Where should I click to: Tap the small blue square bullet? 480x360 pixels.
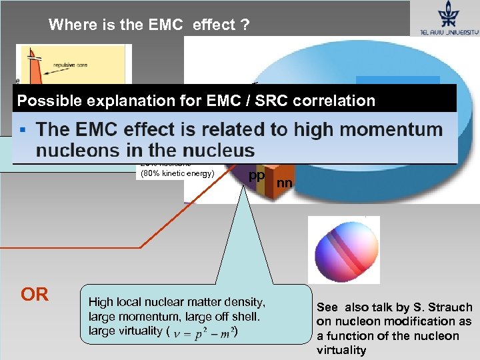[23, 128]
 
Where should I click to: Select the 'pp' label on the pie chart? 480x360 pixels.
[256, 175]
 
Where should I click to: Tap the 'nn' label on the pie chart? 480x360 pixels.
[285, 181]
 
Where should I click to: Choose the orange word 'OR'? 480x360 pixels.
[35, 295]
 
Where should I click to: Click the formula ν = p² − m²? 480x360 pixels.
[205, 331]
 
